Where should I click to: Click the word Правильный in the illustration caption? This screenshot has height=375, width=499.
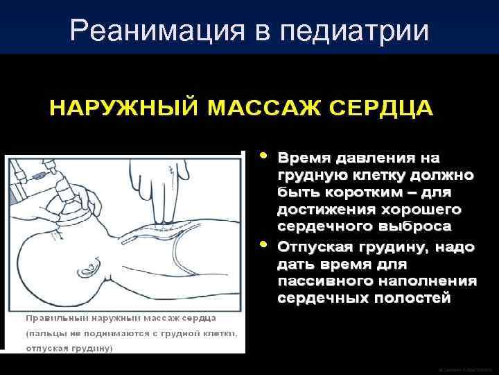pyautogui.click(x=53, y=317)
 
